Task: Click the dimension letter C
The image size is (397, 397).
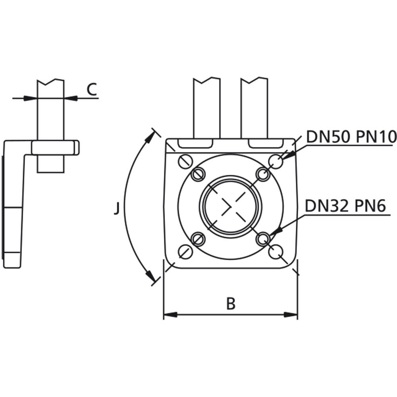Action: [x=92, y=89]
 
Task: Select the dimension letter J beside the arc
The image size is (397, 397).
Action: [x=116, y=208]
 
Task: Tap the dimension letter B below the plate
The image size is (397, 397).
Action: [x=231, y=304]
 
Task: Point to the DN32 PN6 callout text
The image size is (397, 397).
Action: [x=345, y=206]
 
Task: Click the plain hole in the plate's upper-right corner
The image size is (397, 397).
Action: [x=276, y=161]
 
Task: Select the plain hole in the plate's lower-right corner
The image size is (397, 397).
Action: [x=276, y=251]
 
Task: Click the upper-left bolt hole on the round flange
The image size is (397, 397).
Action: [x=198, y=174]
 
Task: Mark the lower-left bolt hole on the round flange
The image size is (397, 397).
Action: [x=198, y=239]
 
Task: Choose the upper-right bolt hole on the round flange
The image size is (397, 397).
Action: [x=263, y=174]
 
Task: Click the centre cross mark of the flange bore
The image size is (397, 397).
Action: [x=231, y=206]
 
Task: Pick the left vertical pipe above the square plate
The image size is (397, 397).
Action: [x=206, y=107]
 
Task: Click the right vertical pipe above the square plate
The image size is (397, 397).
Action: [x=254, y=107]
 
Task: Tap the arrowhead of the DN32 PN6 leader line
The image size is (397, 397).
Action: [x=278, y=231]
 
